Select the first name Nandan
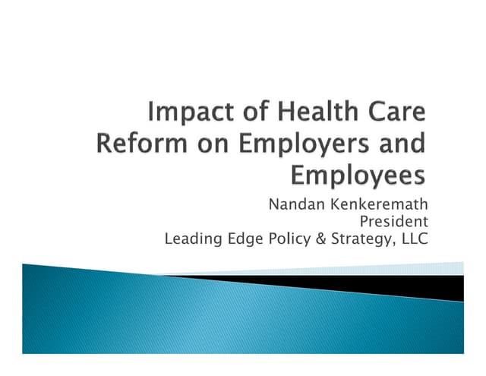pos(293,205)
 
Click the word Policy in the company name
pos(286,240)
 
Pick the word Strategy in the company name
pos(358,240)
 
